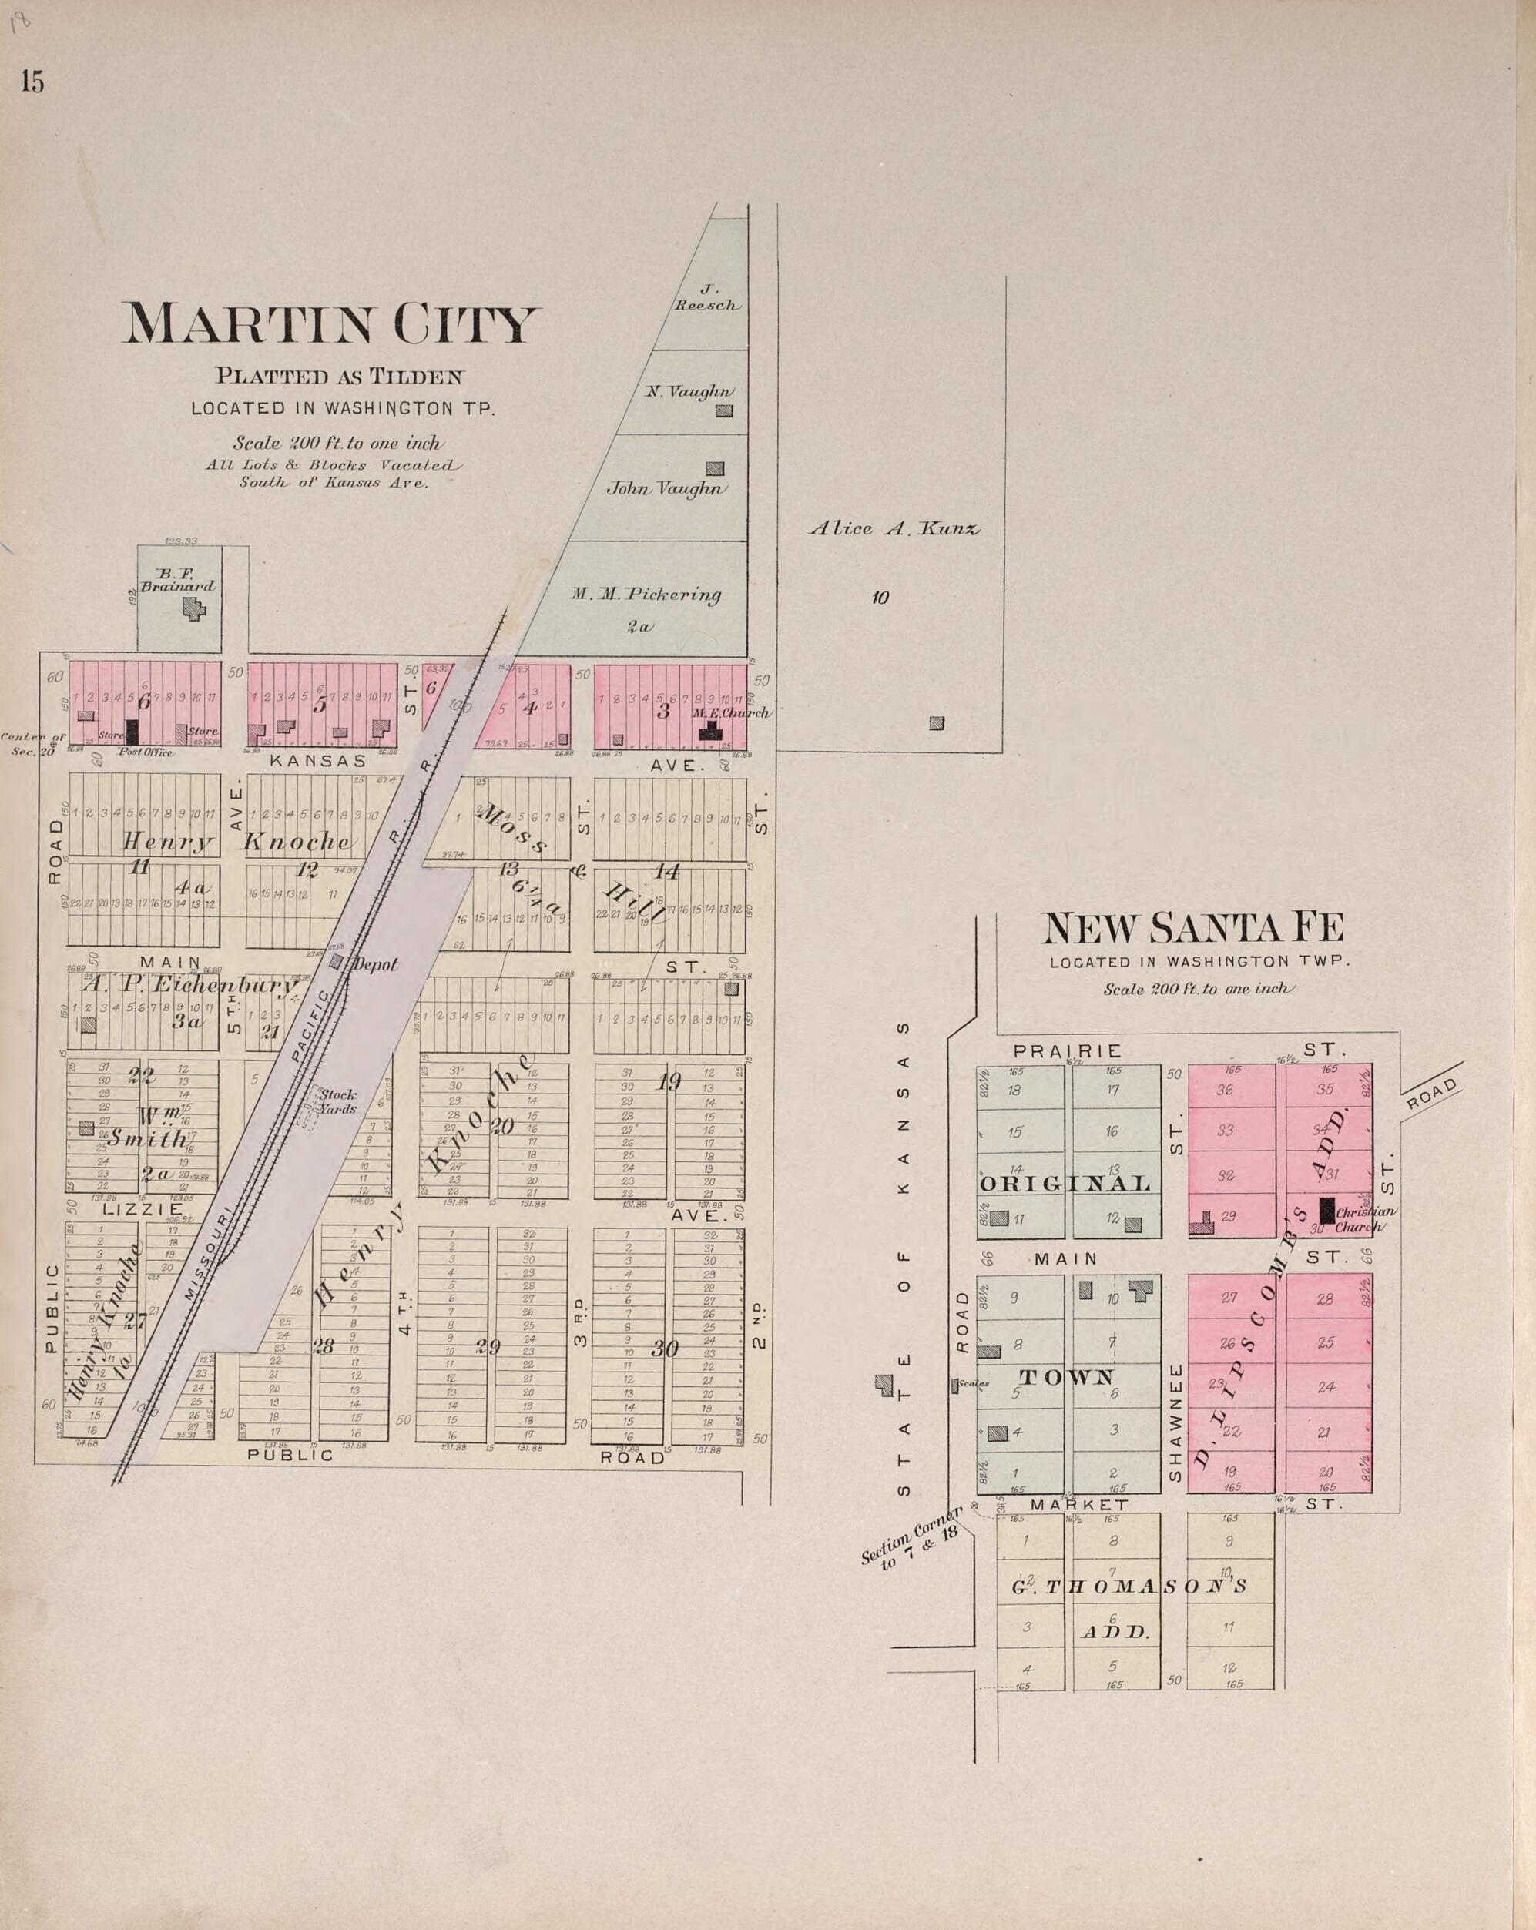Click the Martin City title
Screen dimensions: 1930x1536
point(330,324)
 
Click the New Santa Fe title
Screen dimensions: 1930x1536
point(1192,930)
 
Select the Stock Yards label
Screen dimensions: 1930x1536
point(337,1101)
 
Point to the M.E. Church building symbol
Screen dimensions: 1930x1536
point(709,730)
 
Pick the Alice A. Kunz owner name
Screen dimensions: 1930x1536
point(894,528)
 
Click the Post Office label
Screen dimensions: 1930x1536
point(145,753)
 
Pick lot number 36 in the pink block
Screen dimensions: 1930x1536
point(1225,1091)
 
